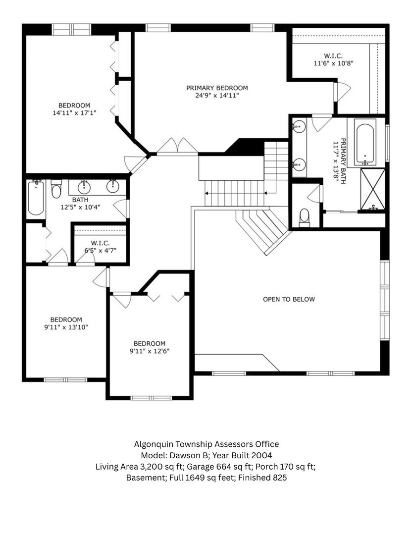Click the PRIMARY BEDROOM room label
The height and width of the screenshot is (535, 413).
click(x=217, y=88)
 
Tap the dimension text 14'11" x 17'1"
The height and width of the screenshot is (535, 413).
click(x=74, y=113)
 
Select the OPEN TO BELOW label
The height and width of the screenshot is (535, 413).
click(x=289, y=299)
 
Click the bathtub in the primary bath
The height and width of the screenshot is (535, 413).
click(x=365, y=141)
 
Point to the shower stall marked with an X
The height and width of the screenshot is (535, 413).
click(x=372, y=189)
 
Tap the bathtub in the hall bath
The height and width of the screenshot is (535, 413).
click(x=36, y=198)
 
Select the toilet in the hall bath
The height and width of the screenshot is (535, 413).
click(x=56, y=189)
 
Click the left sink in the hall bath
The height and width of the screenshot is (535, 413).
click(x=85, y=187)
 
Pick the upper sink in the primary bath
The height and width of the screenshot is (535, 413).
click(x=298, y=126)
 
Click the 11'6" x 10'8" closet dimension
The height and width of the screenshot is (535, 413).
click(x=333, y=63)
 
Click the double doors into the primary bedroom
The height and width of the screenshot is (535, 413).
click(x=177, y=147)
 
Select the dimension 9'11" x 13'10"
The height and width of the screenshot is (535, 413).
click(x=66, y=327)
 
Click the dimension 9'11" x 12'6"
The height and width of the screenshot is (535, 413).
click(x=150, y=351)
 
